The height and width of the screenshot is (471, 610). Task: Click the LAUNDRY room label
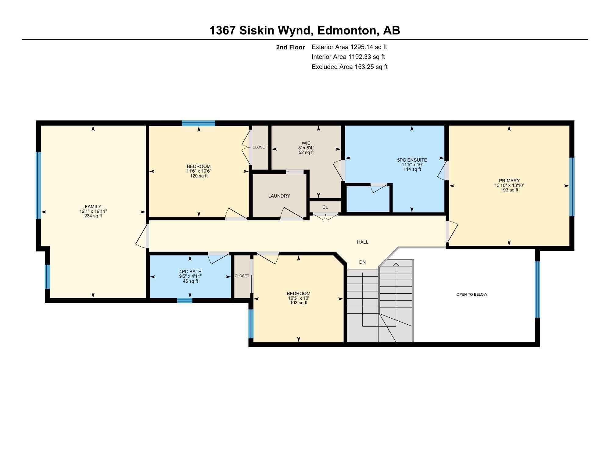[279, 196]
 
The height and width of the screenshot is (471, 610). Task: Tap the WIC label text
[306, 143]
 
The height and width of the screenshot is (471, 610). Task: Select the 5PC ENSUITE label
[412, 160]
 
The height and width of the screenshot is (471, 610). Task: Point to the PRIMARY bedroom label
[509, 181]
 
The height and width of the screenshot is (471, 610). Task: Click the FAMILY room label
[93, 207]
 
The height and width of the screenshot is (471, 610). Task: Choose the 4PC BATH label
[190, 272]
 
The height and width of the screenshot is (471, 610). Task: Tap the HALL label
[363, 242]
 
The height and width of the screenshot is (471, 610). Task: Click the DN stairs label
[362, 262]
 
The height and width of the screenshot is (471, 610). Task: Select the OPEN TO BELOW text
[472, 294]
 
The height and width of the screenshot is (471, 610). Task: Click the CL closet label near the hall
[325, 207]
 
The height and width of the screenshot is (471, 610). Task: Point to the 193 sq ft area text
[509, 190]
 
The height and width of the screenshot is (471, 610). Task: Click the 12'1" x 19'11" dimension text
[93, 211]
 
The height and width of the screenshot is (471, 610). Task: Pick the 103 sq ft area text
[299, 303]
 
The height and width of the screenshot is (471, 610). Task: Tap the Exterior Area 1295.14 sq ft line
[349, 47]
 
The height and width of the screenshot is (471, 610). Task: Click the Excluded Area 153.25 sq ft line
[350, 67]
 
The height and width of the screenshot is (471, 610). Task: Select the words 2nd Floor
[291, 47]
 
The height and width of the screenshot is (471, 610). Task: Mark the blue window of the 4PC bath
[185, 300]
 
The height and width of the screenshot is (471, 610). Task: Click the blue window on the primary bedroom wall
[572, 187]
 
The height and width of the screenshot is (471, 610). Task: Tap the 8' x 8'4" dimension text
[306, 148]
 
